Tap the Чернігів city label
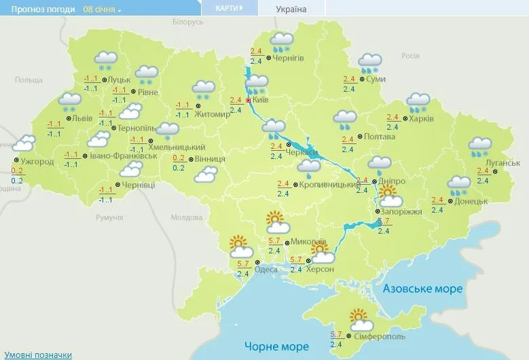[287, 58]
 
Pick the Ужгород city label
[37, 162]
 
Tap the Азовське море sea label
[423, 289]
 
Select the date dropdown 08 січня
[102, 10]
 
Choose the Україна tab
[291, 10]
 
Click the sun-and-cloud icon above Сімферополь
[359, 317]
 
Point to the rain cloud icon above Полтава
[345, 120]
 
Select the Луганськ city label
[503, 164]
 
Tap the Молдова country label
[181, 217]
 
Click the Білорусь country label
[188, 22]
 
